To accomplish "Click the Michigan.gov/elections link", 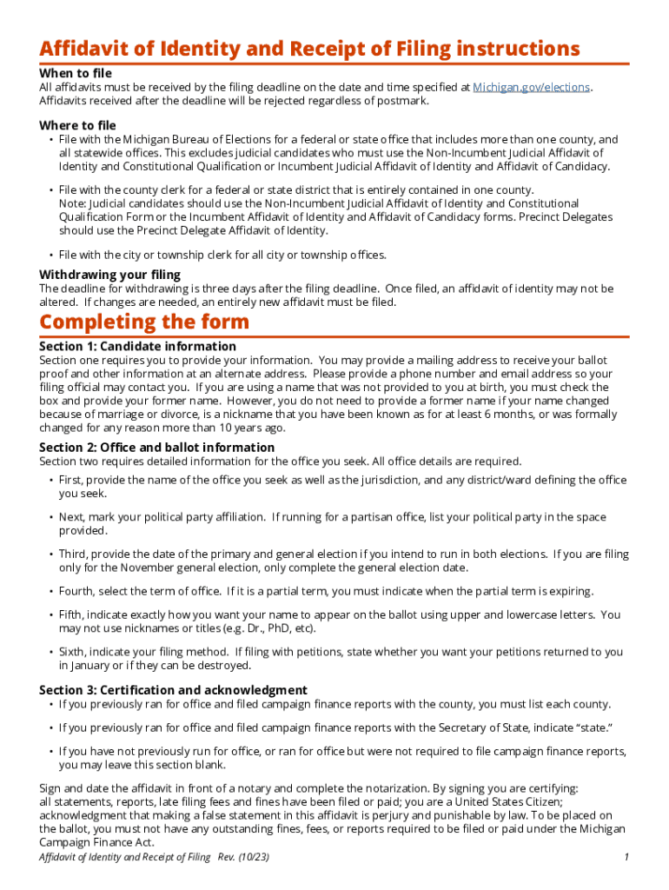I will tap(531, 88).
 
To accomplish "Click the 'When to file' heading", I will tap(76, 74).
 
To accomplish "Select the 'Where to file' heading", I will tap(77, 126).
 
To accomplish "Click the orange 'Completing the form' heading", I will tap(144, 322).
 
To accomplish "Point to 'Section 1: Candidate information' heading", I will tap(137, 346).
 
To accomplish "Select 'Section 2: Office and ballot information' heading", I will tap(156, 448).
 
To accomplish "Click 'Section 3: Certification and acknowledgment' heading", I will tap(173, 690).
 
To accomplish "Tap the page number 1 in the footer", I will tap(626, 858).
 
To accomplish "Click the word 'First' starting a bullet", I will tap(72, 480).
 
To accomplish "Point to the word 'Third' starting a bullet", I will tap(74, 554).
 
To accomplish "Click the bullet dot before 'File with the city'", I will tap(50, 255).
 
